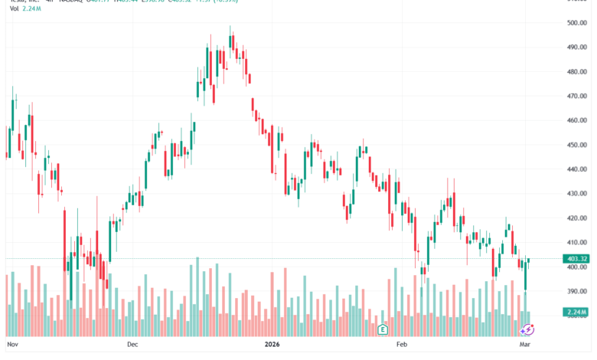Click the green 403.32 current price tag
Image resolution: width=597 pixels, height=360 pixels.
tap(576, 259)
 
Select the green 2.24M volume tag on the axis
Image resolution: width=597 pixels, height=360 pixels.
tap(576, 312)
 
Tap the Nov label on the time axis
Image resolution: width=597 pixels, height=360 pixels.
tap(11, 345)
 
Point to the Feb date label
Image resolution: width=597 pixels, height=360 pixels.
tap(401, 345)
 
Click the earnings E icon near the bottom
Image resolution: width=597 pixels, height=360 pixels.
tap(382, 329)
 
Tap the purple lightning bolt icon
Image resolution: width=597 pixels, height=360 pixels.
tap(527, 329)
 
